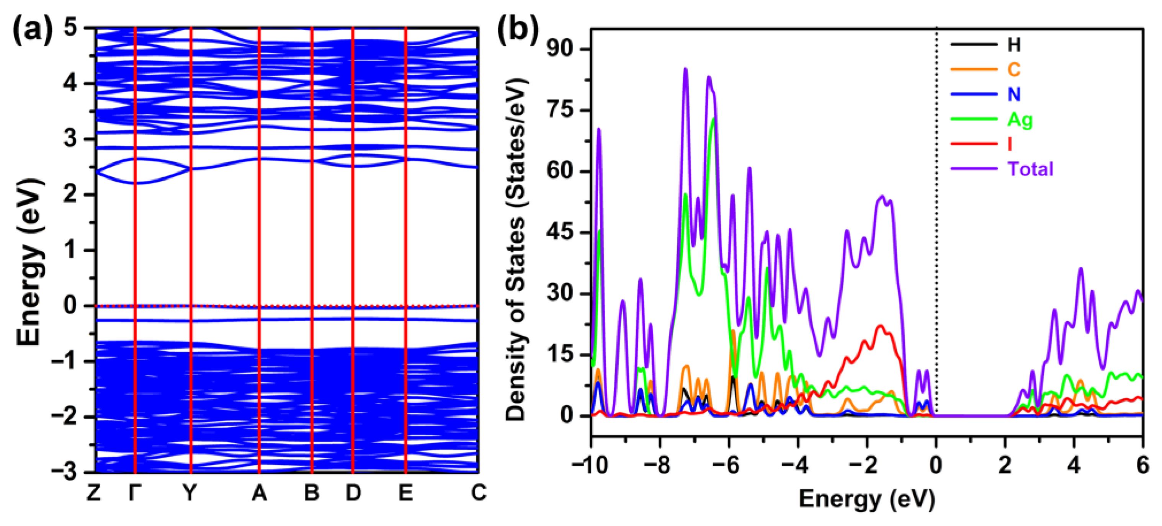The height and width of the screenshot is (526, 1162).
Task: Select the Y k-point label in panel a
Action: [190, 493]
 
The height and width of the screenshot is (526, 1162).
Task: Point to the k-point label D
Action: [353, 493]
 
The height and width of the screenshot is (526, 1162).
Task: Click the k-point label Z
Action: [93, 493]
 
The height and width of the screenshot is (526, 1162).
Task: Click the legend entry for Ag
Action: [1020, 119]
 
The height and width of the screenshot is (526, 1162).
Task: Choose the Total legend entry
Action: [1030, 169]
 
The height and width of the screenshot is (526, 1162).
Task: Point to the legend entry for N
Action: [1014, 94]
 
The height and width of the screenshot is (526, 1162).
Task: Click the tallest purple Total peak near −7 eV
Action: [686, 69]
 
